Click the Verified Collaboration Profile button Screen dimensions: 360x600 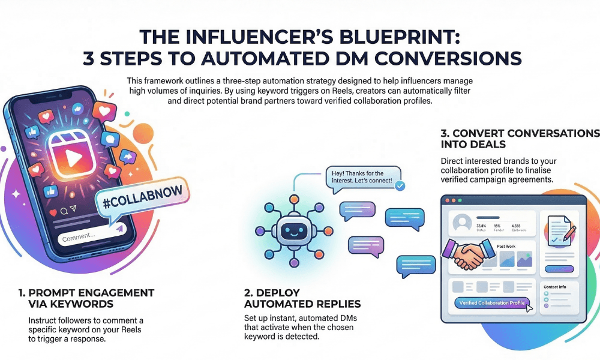tap(491, 303)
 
